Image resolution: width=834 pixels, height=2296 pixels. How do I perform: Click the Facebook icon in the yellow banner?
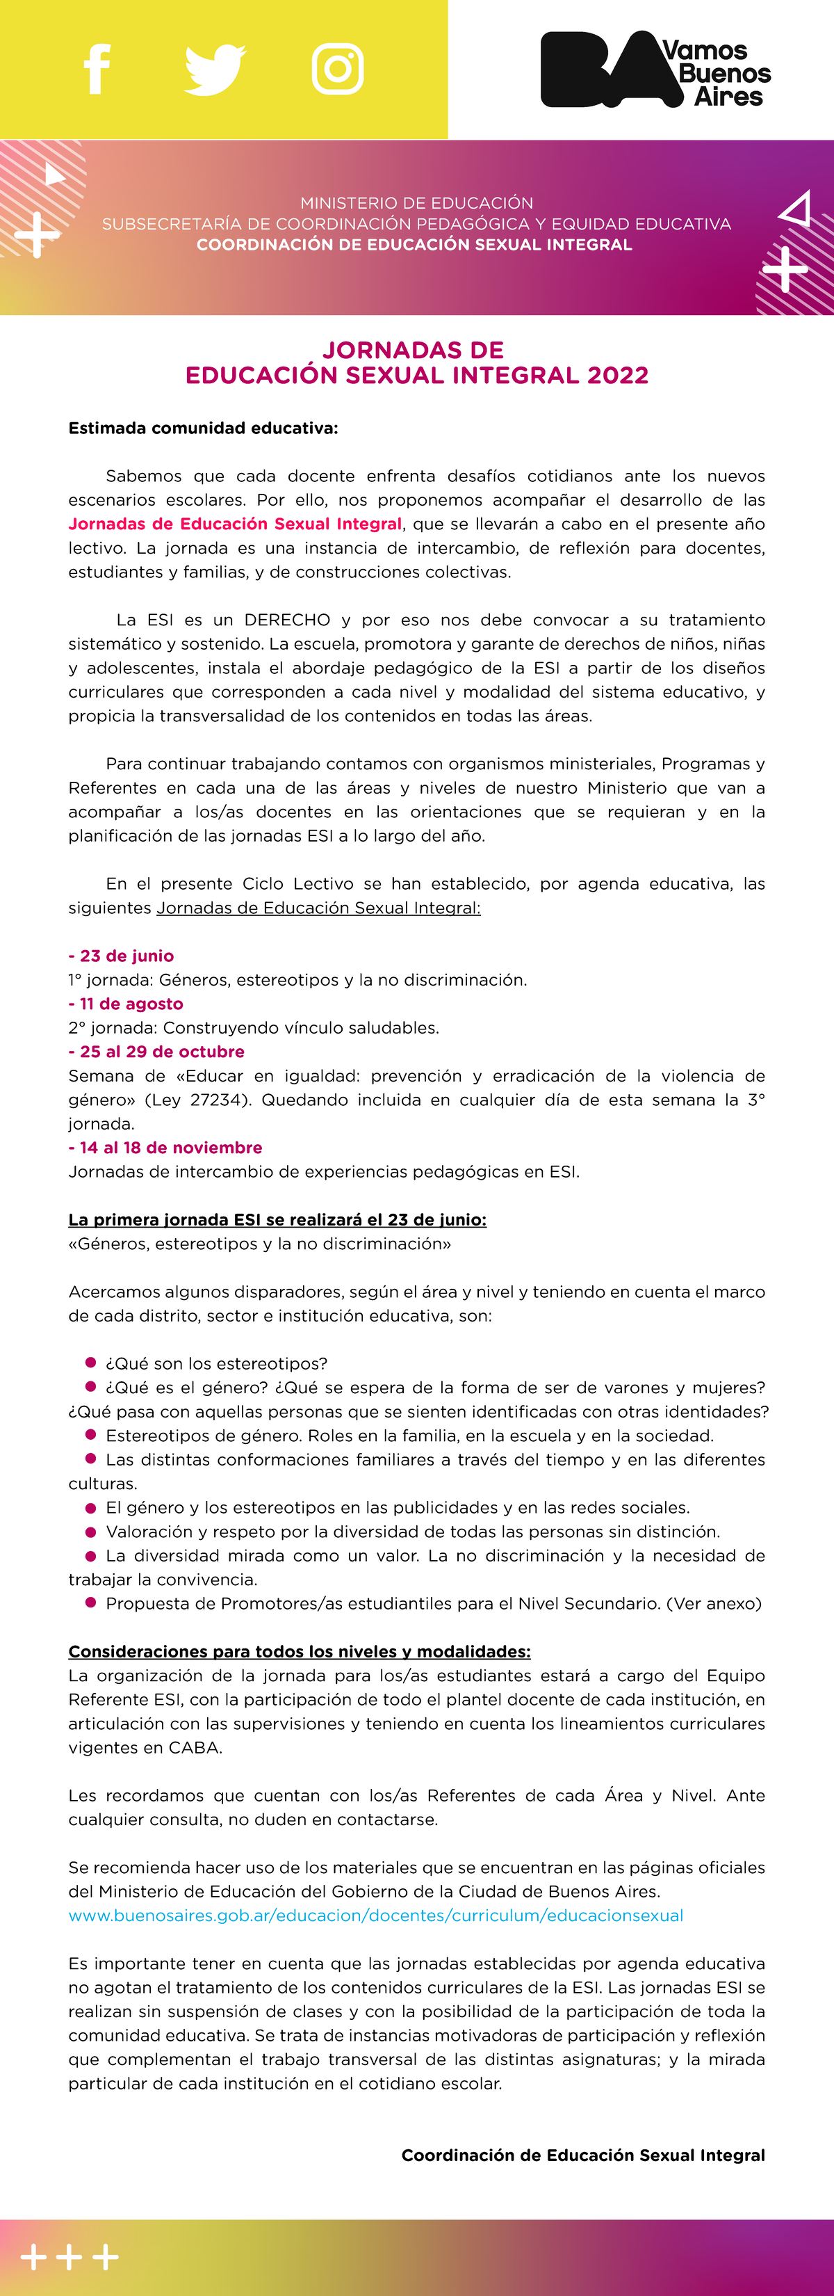click(x=97, y=69)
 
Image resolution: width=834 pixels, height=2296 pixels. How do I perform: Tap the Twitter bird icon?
click(x=215, y=69)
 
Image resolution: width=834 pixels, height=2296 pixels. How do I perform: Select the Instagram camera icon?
click(x=338, y=69)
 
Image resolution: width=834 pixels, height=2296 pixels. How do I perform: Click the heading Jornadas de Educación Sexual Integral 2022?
click(x=416, y=363)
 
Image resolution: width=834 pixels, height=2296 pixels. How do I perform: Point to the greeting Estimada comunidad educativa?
click(x=203, y=428)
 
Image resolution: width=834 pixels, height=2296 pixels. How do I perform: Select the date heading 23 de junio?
click(x=121, y=956)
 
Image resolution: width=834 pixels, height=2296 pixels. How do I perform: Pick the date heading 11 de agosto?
click(x=126, y=1004)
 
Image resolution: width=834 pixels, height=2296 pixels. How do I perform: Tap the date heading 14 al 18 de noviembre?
click(x=165, y=1148)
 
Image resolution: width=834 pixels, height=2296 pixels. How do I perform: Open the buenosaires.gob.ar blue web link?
click(x=376, y=1916)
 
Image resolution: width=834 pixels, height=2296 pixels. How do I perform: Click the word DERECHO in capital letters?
click(x=287, y=620)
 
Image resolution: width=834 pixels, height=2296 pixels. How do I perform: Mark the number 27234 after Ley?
click(x=217, y=1100)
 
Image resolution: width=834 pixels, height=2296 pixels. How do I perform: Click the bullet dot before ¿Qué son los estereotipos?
click(x=90, y=1363)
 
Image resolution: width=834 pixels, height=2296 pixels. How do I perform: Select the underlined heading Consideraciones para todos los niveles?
click(x=300, y=1652)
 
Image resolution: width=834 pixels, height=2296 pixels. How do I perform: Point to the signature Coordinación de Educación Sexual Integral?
click(x=582, y=2155)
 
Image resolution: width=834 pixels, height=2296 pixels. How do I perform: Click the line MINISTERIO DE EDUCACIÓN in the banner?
click(x=416, y=203)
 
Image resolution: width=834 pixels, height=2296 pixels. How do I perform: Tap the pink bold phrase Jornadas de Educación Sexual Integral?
click(x=235, y=524)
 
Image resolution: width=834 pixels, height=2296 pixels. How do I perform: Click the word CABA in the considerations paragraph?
click(x=195, y=1748)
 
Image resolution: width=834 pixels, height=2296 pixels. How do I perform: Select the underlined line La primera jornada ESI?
click(x=277, y=1219)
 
